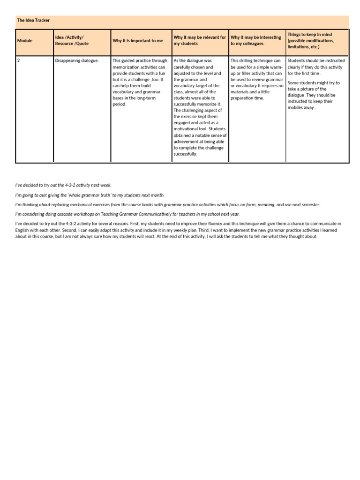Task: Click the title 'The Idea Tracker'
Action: [33, 21]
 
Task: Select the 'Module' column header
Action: [25, 41]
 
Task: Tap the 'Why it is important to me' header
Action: [138, 41]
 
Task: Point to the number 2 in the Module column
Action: [18, 60]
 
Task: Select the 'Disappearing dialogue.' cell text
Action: [77, 60]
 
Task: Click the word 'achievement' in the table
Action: [187, 141]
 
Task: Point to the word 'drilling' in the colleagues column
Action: [248, 60]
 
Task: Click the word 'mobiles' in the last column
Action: [295, 107]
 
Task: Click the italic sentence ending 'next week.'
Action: [63, 185]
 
